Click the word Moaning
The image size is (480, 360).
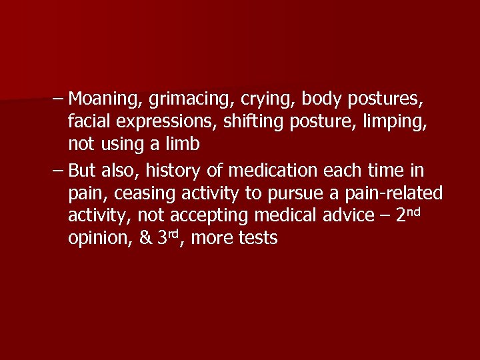[103, 100]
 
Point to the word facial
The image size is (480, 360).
[88, 123]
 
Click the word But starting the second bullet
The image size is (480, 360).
[82, 171]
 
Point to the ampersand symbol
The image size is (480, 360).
[146, 238]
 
